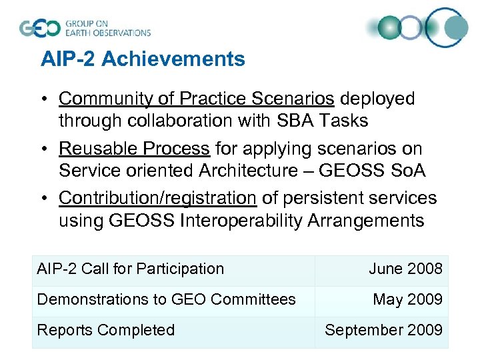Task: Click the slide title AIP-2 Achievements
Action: pyautogui.click(x=143, y=59)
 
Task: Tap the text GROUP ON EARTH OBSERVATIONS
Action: pyautogui.click(x=107, y=28)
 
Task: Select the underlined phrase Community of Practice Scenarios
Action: pyautogui.click(x=197, y=99)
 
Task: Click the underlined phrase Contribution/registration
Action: pyautogui.click(x=157, y=198)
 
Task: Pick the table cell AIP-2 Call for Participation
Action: pyautogui.click(x=131, y=269)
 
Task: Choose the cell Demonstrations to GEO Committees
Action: pyautogui.click(x=167, y=300)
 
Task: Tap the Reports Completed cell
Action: pyautogui.click(x=106, y=331)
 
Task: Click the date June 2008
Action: pyautogui.click(x=405, y=269)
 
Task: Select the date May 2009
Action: pyautogui.click(x=407, y=300)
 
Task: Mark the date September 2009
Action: pyautogui.click(x=383, y=331)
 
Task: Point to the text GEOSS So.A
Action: pyautogui.click(x=373, y=171)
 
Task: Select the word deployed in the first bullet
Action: pyautogui.click(x=377, y=99)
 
